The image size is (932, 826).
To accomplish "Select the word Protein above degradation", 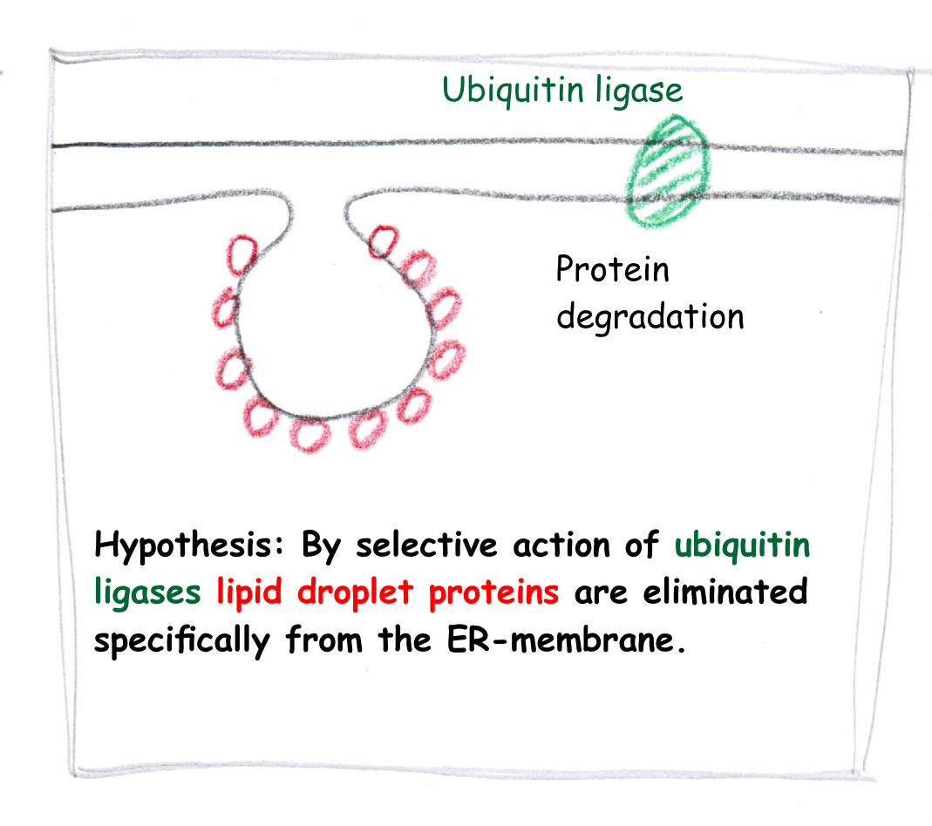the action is point(613,269).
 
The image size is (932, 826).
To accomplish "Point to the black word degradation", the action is point(650,316).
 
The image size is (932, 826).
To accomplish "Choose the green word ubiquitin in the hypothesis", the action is point(743,545).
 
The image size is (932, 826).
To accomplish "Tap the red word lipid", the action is point(249,592).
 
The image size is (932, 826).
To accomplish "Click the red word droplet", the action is point(356,591).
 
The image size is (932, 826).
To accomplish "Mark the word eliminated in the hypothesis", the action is point(725,592).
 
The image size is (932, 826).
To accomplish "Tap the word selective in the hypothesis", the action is point(427,545).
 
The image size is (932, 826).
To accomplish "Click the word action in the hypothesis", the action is point(561,545).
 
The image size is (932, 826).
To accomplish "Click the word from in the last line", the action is point(324,639).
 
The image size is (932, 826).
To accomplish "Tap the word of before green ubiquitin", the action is point(642,544).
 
